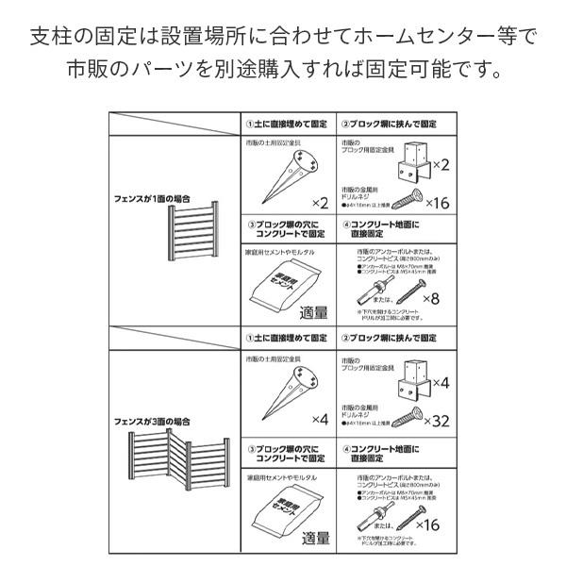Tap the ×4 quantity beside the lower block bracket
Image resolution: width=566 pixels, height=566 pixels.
pos(438,384)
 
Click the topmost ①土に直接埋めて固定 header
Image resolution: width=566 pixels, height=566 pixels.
pos(286,125)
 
